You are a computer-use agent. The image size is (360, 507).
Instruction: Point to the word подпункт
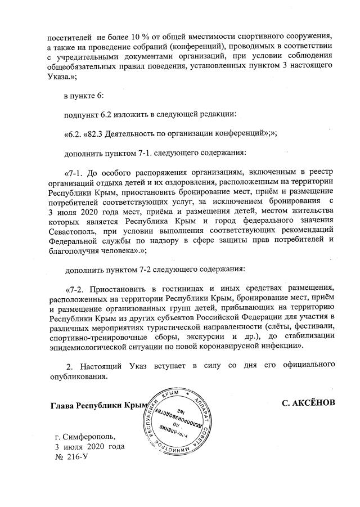coord(83,114)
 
